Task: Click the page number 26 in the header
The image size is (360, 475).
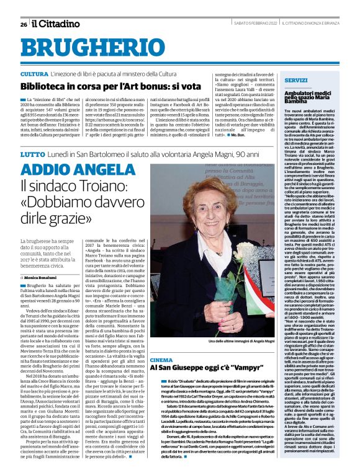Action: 23,24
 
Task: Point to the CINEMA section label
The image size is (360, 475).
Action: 161,360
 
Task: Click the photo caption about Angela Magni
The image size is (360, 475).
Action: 221,342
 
